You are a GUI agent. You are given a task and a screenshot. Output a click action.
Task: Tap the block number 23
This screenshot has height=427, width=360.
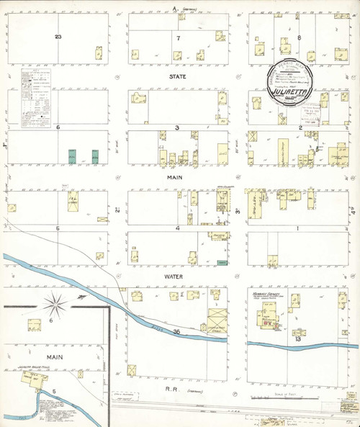tap(58, 36)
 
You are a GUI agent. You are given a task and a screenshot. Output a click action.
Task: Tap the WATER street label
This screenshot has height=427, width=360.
tap(177, 276)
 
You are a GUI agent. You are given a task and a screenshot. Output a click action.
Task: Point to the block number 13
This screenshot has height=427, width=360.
tap(297, 337)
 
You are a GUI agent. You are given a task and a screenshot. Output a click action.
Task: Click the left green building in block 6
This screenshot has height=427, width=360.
tap(72, 155)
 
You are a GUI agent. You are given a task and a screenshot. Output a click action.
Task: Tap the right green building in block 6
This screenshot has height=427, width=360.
tap(95, 155)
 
